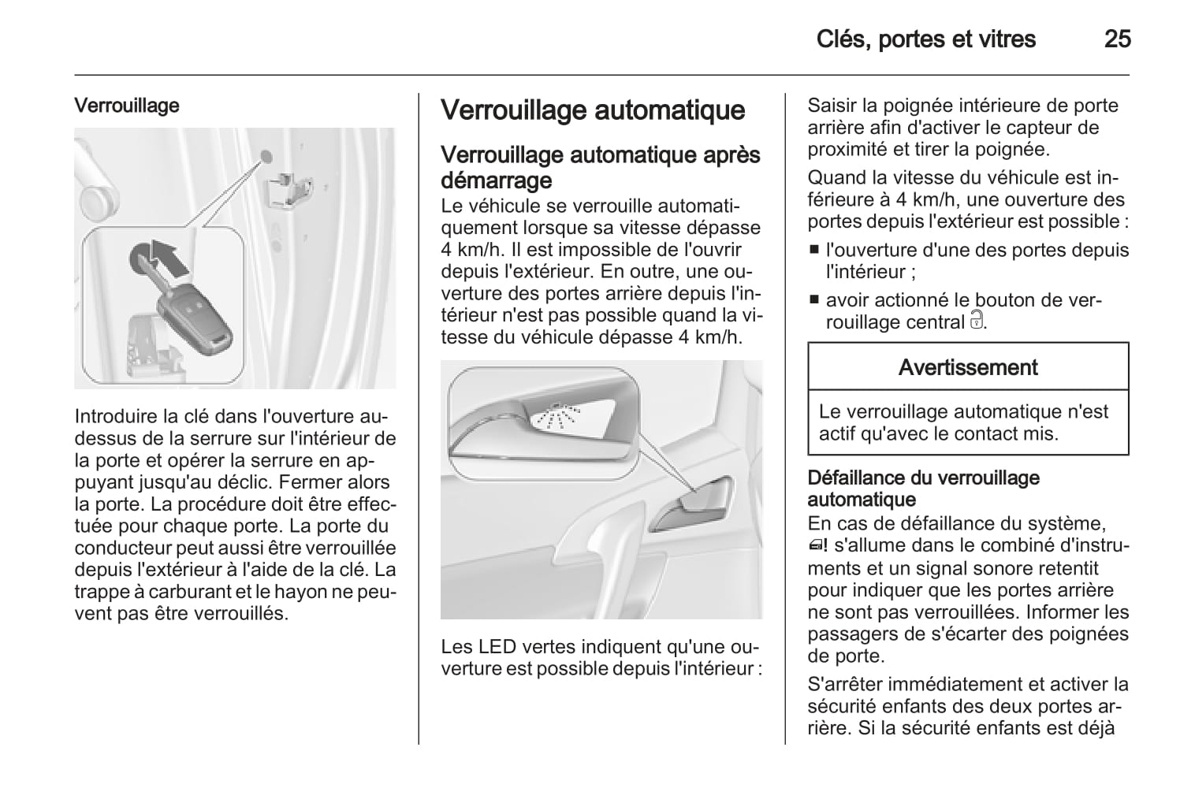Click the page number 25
pyautogui.click(x=1117, y=39)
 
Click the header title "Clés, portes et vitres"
pyautogui.click(x=925, y=39)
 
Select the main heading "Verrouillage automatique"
pyautogui.click(x=592, y=110)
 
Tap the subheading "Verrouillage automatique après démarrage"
pyautogui.click(x=600, y=167)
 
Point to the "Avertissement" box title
pyautogui.click(x=968, y=367)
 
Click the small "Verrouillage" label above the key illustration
pyautogui.click(x=127, y=106)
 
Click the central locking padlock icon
pyautogui.click(x=977, y=321)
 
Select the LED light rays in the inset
pyautogui.click(x=557, y=416)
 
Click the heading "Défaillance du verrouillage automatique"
pyautogui.click(x=923, y=489)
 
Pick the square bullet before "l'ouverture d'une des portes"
pyautogui.click(x=814, y=251)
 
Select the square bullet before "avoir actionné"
pyautogui.click(x=814, y=300)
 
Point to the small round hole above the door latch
pyautogui.click(x=266, y=156)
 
